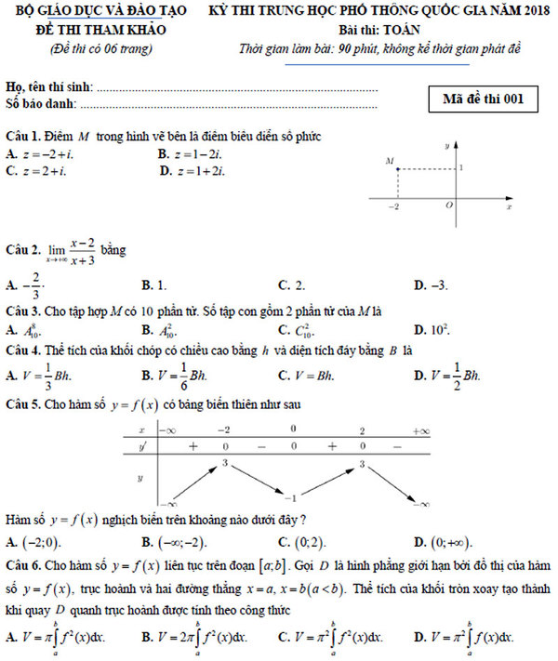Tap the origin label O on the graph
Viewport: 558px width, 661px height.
449,205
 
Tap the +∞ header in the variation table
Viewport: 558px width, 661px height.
420,430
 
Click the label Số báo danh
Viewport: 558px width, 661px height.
37,104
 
